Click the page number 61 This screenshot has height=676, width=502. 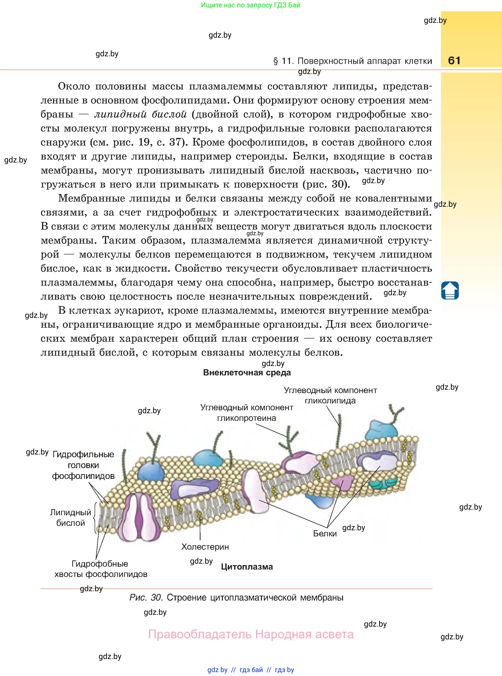pyautogui.click(x=454, y=60)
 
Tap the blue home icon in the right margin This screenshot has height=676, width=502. pyautogui.click(x=450, y=291)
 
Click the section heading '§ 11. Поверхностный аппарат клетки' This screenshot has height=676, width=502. pyautogui.click(x=353, y=61)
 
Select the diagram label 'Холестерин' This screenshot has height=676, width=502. pyautogui.click(x=205, y=547)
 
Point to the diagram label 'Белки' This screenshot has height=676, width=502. pyautogui.click(x=325, y=533)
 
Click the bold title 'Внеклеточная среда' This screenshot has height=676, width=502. pyautogui.click(x=247, y=373)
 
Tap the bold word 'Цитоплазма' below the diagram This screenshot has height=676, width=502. pyautogui.click(x=247, y=567)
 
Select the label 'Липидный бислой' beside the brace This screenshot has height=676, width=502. pyautogui.click(x=71, y=518)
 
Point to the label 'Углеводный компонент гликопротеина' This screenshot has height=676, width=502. pyautogui.click(x=246, y=412)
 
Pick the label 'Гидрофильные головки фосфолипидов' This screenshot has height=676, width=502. pyautogui.click(x=83, y=465)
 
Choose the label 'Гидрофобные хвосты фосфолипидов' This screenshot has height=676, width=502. pyautogui.click(x=100, y=569)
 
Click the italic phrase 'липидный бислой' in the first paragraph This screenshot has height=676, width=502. pyautogui.click(x=140, y=114)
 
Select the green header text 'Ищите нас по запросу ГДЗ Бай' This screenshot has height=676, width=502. pyautogui.click(x=250, y=5)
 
